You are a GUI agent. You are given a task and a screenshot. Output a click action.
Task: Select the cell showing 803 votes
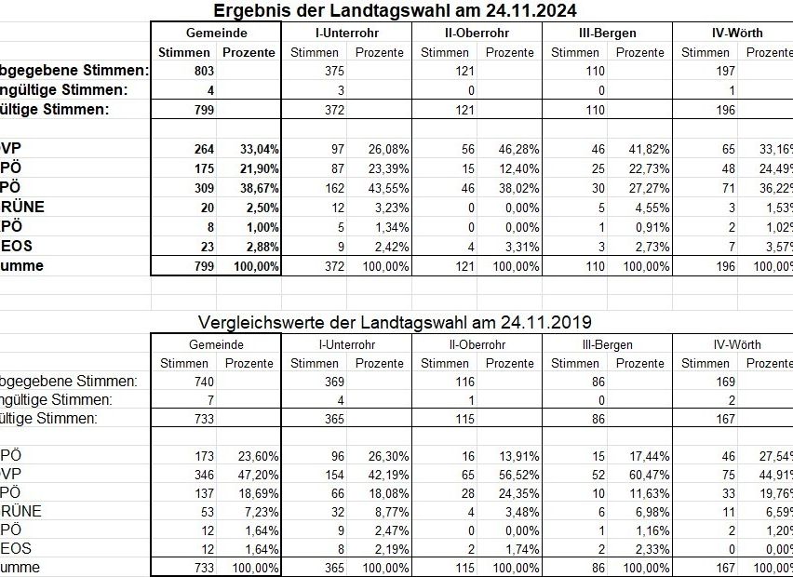pyautogui.click(x=202, y=71)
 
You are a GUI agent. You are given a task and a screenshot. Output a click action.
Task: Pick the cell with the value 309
pyautogui.click(x=202, y=187)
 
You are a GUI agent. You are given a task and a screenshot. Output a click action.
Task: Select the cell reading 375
pyautogui.click(x=332, y=71)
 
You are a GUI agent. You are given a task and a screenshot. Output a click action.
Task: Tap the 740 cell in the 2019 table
pyautogui.click(x=202, y=382)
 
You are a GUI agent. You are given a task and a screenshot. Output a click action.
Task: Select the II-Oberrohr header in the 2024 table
pyautogui.click(x=477, y=33)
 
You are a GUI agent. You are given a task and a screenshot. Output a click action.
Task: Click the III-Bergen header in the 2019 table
pyautogui.click(x=607, y=344)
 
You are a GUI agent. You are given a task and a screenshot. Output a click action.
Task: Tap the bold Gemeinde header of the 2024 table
pyautogui.click(x=216, y=33)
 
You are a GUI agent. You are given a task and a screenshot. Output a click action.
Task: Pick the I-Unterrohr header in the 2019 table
pyautogui.click(x=346, y=344)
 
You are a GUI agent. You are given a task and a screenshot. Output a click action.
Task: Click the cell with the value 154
pyautogui.click(x=332, y=475)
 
